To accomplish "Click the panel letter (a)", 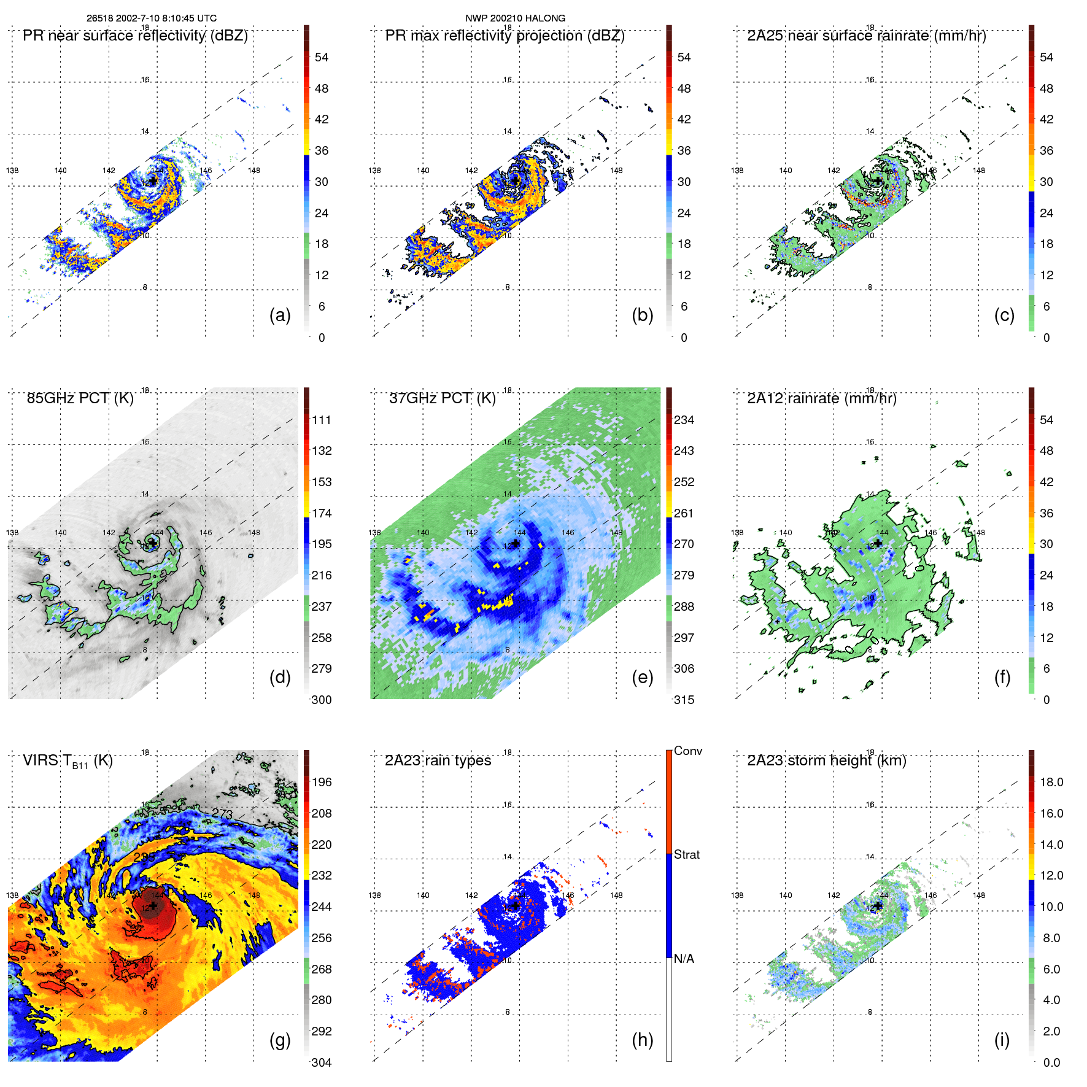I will point(280,315).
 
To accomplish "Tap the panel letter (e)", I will point(642,677).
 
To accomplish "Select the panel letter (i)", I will point(1002,1040).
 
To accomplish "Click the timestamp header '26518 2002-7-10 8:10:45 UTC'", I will point(151,18).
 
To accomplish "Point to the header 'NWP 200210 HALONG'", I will point(515,18).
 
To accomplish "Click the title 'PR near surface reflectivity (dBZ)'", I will point(135,36).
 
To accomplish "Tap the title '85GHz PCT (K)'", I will point(80,398).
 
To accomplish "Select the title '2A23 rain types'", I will point(438,760).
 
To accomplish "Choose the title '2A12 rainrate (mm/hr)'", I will point(822,398).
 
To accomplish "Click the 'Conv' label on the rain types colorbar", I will point(688,751).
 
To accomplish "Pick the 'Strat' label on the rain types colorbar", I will point(687,854).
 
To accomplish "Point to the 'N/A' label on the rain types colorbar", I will point(684,959).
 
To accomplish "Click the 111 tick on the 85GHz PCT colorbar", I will point(322,420).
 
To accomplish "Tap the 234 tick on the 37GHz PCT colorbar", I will point(684,420).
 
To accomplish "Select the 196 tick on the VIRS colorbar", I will point(322,782).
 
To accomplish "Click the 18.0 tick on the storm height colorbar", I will point(1051,782).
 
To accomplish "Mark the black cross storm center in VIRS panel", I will point(153,906).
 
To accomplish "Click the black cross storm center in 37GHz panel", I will point(516,544).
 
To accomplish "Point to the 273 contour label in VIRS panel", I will point(222,814).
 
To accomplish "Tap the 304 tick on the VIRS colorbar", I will point(322,1062).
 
